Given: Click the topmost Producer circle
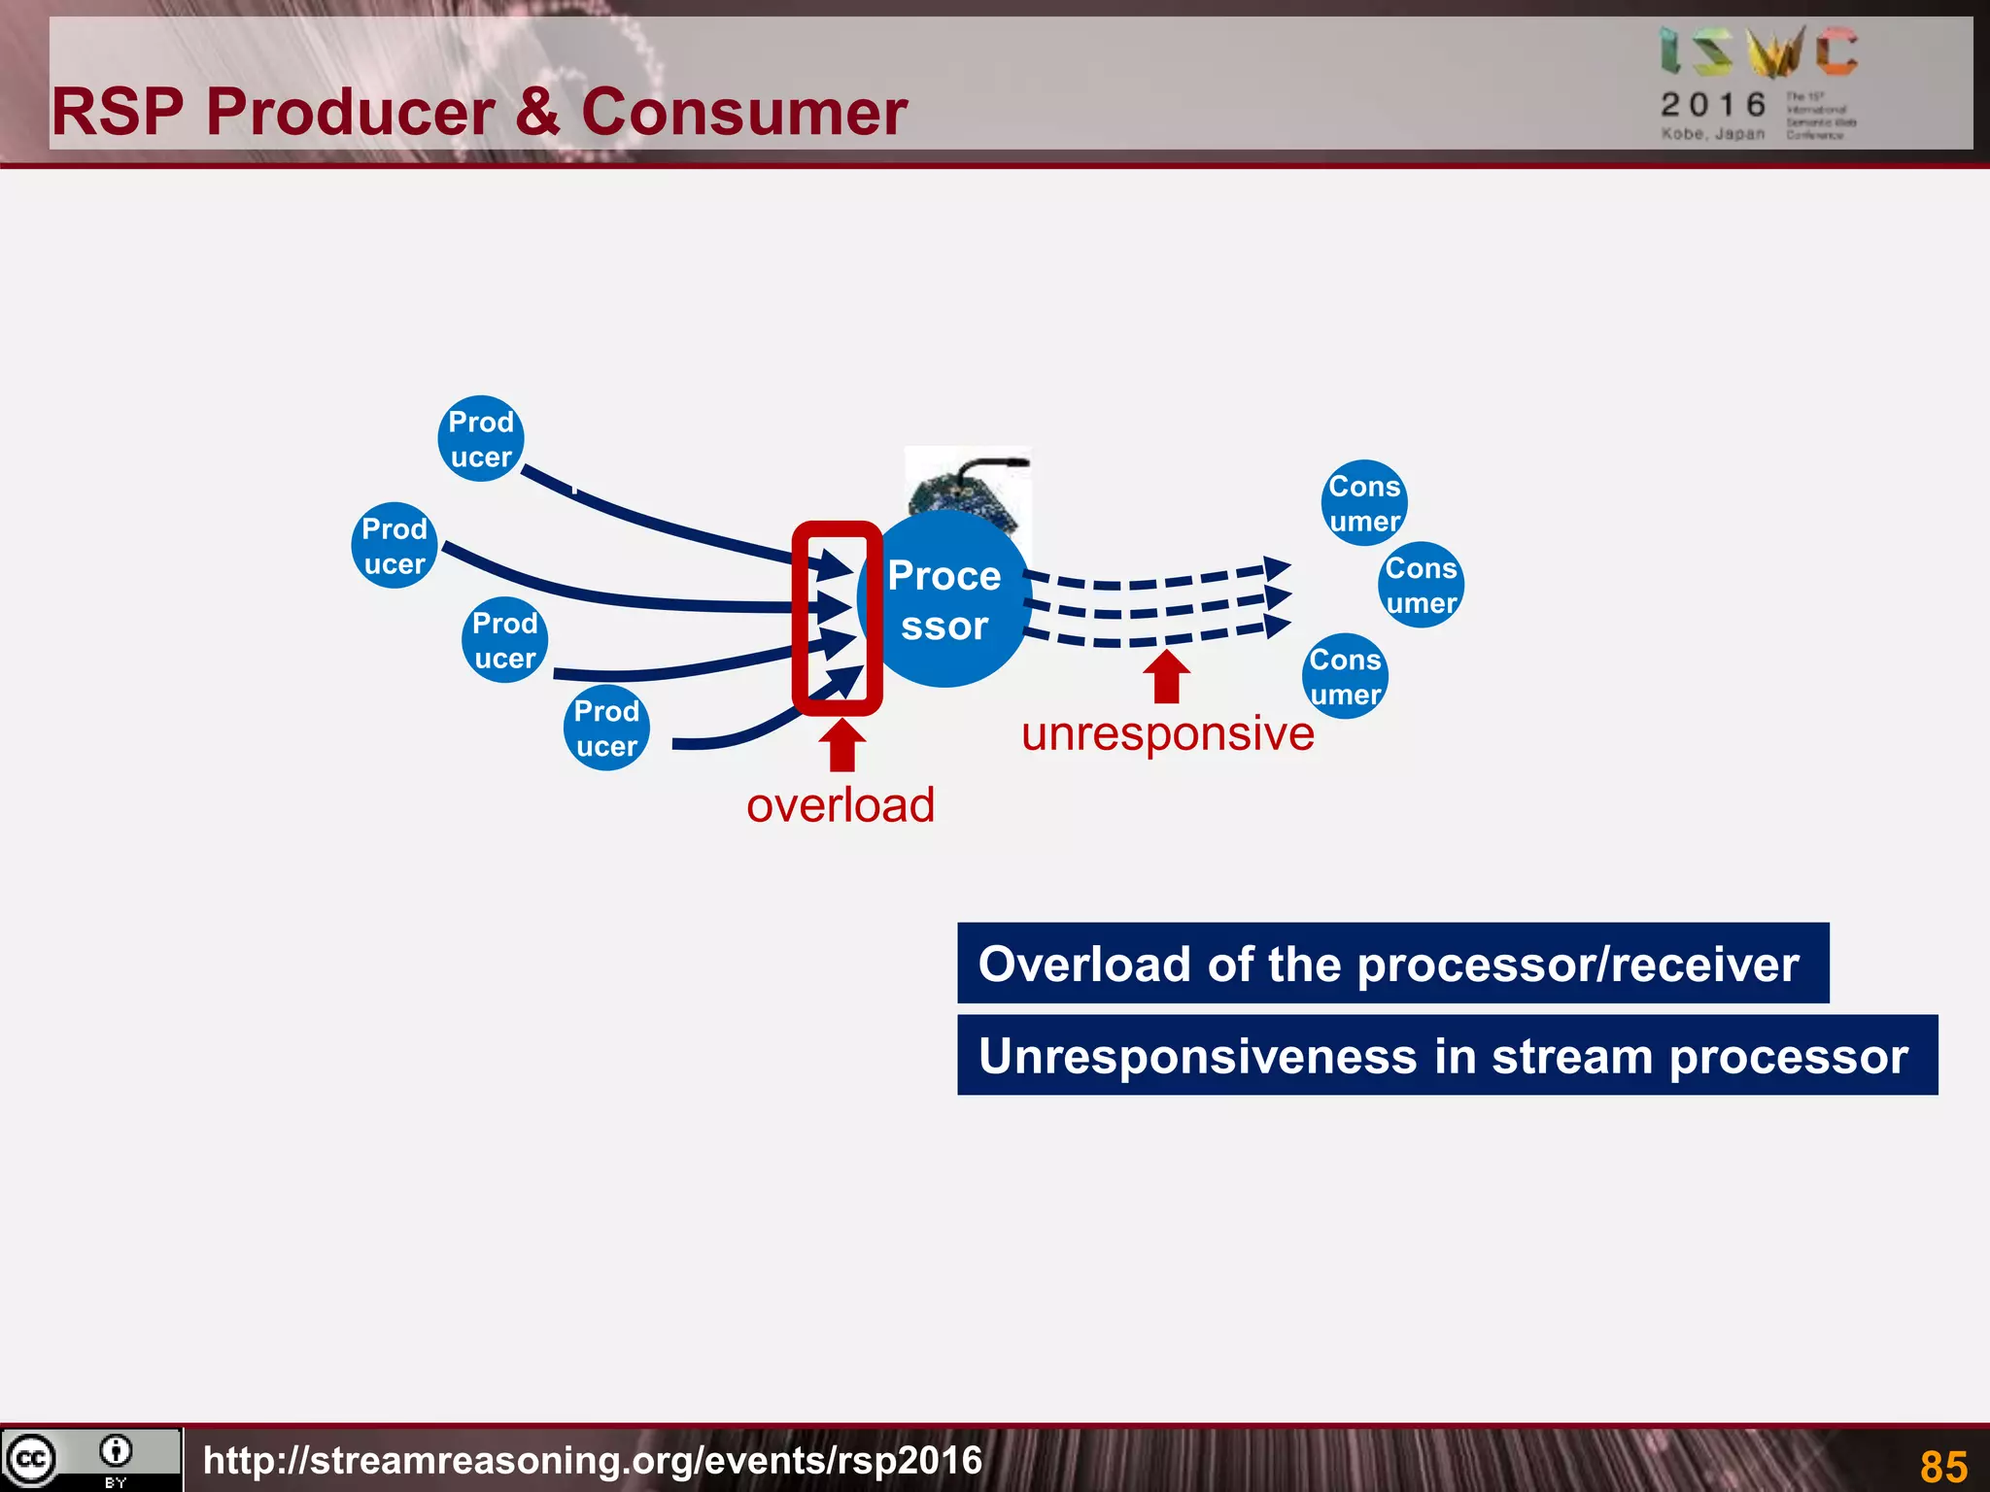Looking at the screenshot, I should tap(481, 439).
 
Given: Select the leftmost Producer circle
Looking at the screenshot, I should tap(394, 546).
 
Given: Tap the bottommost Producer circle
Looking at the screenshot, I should tap(606, 729).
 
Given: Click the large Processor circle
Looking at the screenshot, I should tap(944, 600).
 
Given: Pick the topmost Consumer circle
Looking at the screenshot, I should tap(1364, 503).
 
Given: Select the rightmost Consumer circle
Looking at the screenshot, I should tap(1421, 585).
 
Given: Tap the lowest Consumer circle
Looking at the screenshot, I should tap(1345, 677).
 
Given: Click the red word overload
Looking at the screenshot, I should tap(841, 805).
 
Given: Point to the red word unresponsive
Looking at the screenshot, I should tap(1167, 733).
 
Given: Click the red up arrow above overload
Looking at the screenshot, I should tap(842, 745).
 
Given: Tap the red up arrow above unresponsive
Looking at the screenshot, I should tap(1167, 676).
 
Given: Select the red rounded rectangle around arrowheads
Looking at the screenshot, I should tap(799, 622).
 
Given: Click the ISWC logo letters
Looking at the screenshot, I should tap(1758, 52).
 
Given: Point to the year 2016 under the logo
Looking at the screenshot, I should tap(1713, 105).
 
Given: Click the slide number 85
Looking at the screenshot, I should tap(1943, 1466).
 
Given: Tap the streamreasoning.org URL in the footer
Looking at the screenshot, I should tap(593, 1460).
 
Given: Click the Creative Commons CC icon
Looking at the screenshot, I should tap(31, 1459).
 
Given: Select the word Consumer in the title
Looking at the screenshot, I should tap(744, 112).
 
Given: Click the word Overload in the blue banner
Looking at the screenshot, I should tap(1083, 965).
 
